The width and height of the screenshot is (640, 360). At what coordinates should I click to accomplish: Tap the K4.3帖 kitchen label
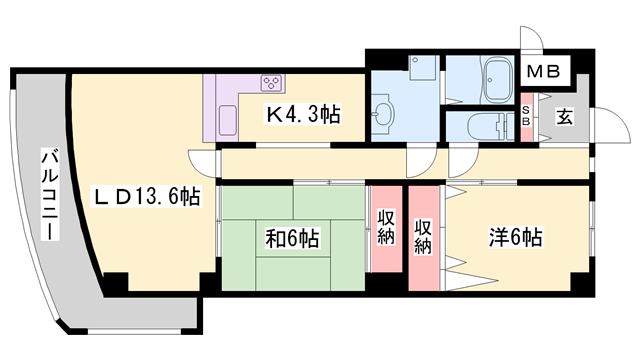[303, 115]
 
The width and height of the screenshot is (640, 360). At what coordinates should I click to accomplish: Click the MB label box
[547, 71]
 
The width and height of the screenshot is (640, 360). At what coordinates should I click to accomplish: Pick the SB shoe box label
[526, 115]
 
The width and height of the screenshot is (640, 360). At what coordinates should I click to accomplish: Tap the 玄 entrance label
[564, 117]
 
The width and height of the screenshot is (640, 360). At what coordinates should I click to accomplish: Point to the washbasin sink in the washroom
[382, 114]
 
